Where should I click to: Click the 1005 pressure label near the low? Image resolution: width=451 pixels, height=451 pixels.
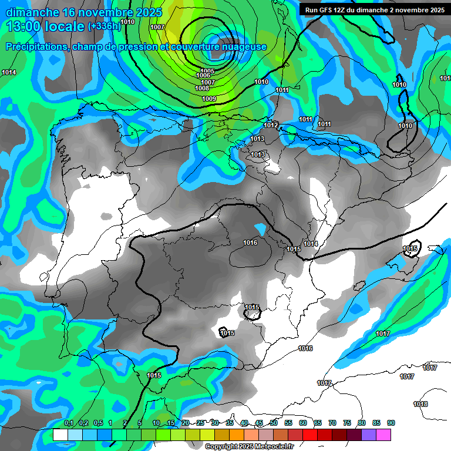208,70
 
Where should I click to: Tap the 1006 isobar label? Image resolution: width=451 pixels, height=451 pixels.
203,76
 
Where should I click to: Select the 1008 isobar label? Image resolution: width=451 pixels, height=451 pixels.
202,88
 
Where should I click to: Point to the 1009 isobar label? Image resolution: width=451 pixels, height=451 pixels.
209,99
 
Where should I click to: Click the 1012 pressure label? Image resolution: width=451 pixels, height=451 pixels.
271,125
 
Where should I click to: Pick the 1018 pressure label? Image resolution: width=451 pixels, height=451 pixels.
420,404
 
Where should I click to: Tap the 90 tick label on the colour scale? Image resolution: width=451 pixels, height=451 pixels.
391,423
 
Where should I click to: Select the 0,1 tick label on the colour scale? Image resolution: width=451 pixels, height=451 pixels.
68,423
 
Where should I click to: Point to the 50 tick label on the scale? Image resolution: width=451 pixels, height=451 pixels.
274,423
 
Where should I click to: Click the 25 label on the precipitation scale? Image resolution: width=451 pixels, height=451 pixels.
200,423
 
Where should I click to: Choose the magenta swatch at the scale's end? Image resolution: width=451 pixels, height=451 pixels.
383,435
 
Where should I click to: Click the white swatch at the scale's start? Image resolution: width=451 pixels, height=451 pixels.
60,435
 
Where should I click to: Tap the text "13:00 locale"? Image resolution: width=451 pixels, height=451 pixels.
46,26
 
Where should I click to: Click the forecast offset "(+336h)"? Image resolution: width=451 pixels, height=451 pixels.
104,26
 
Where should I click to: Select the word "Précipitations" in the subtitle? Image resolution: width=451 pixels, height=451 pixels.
36,47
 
